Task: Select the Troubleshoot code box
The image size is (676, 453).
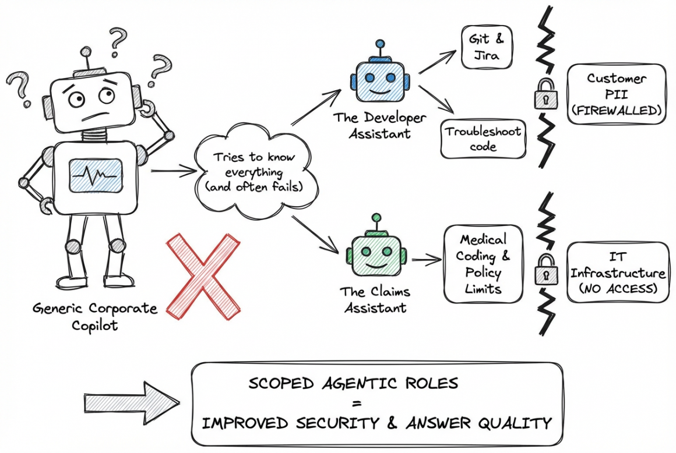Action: coord(483,138)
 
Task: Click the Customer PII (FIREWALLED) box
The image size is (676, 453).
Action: coord(616,94)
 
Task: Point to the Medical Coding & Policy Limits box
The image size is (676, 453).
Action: coord(483,264)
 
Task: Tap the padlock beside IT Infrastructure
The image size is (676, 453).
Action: coord(546,268)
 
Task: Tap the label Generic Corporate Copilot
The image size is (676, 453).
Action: coord(95,316)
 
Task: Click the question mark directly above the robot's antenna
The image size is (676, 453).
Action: coord(118,40)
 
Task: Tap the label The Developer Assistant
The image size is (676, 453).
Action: coord(379,125)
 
